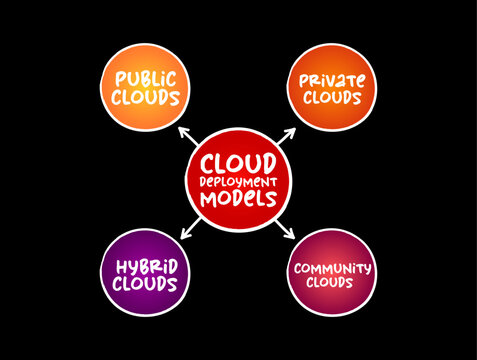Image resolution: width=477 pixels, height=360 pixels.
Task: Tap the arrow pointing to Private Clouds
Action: [x=289, y=135]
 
